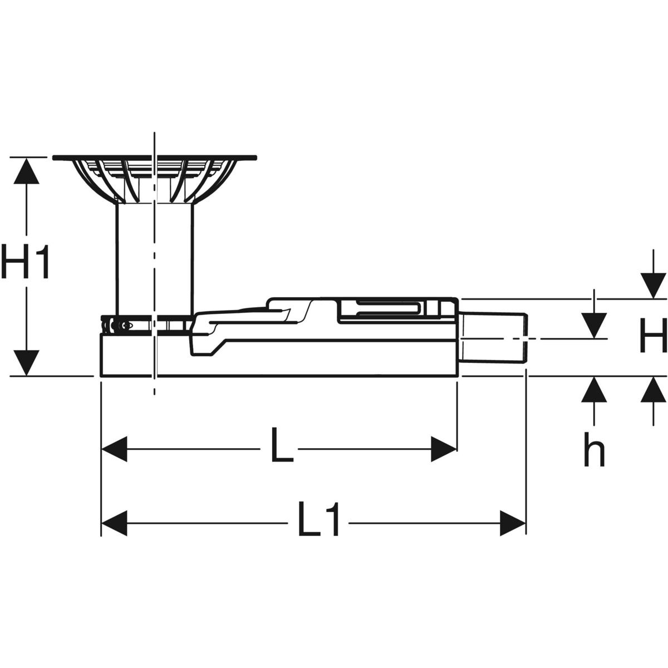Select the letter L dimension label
tap(282, 445)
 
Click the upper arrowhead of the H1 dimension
tap(26, 170)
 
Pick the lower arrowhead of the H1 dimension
tap(26, 363)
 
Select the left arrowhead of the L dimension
tap(114, 449)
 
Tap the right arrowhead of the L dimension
tap(444, 449)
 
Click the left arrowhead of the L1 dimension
tap(114, 523)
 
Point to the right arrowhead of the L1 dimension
tap(513, 523)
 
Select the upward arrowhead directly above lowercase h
tap(595, 389)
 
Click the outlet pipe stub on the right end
tap(493, 338)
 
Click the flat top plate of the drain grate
tap(155, 158)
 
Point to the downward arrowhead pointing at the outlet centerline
tap(595, 325)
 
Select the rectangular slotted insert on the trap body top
tap(384, 310)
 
